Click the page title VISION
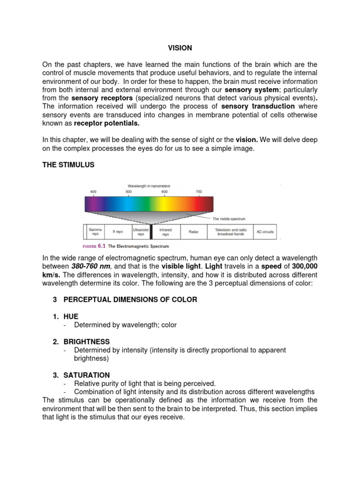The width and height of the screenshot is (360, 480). tap(180, 48)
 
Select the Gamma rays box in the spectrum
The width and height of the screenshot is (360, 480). tap(95, 231)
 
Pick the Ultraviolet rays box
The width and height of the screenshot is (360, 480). tap(141, 231)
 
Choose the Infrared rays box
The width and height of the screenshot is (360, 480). tap(165, 231)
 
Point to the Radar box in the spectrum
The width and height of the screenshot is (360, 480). tap(193, 232)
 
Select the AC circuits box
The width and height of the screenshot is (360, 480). tap(265, 232)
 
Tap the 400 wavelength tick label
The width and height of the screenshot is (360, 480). tap(93, 191)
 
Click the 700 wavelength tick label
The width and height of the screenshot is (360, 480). tap(198, 191)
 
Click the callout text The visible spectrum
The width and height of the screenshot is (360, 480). tap(229, 219)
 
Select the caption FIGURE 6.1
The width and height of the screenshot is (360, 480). tap(94, 246)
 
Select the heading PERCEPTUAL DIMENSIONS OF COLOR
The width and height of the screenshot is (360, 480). tap(130, 300)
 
